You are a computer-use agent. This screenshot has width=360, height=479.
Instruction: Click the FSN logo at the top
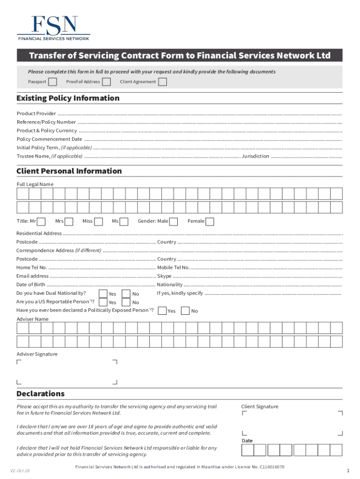53,28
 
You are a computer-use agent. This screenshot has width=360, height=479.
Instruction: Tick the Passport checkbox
53,82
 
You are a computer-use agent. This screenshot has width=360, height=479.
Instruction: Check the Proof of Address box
107,82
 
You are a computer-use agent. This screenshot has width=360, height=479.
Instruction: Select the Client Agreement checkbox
163,82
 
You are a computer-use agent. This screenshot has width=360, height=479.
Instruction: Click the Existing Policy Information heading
68,98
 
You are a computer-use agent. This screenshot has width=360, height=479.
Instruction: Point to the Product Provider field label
36,114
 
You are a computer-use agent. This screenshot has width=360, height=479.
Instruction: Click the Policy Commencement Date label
50,139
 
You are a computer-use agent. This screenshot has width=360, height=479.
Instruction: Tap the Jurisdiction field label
255,156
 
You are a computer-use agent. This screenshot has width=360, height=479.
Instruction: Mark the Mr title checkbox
41,221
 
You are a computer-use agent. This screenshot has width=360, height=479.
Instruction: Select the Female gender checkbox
210,221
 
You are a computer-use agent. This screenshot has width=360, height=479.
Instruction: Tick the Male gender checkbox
173,221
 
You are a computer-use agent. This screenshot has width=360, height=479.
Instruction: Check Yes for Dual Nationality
103,294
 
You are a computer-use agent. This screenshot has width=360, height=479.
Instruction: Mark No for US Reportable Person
126,302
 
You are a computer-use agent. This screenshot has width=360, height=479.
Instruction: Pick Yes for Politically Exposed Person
162,311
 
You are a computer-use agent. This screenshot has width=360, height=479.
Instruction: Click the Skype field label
164,276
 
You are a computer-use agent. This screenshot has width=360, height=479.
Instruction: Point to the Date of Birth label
31,284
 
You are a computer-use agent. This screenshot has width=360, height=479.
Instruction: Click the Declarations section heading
41,394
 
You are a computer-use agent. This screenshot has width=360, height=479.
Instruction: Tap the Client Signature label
259,406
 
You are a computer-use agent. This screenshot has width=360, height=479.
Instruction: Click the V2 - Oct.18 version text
21,470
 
